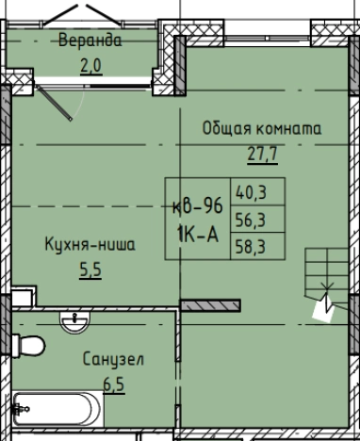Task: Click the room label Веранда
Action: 90,41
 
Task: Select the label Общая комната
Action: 262,128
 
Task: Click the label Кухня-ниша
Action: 90,244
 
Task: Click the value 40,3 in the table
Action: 250,194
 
